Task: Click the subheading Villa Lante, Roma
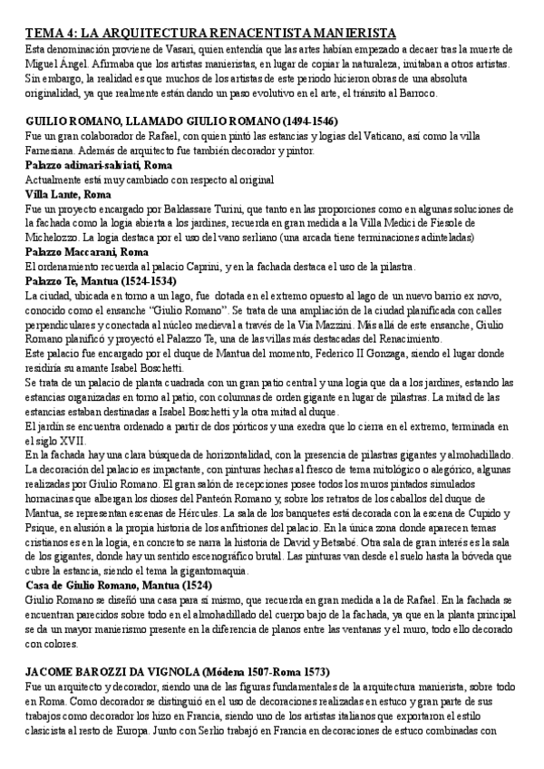click(x=68, y=194)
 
